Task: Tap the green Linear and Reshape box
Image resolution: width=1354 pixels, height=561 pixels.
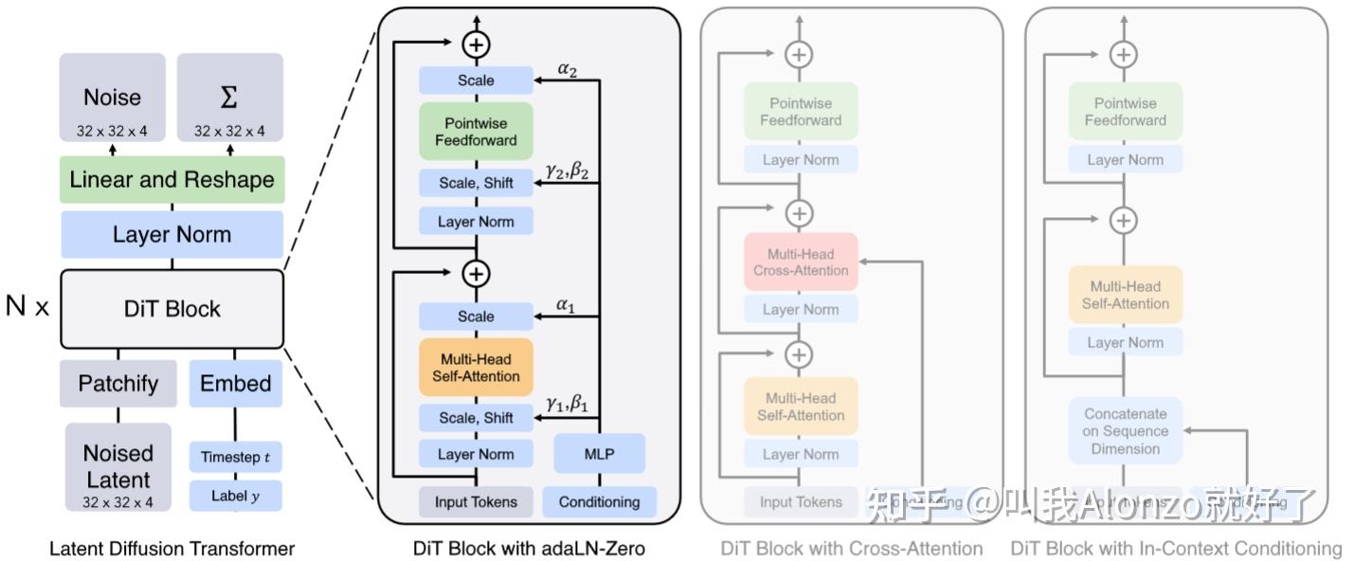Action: point(172,180)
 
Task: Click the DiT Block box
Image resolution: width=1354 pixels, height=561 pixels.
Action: point(172,309)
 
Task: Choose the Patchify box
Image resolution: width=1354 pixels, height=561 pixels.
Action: point(118,384)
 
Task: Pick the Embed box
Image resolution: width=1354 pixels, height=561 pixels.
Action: point(235,384)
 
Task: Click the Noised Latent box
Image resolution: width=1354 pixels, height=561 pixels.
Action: point(118,466)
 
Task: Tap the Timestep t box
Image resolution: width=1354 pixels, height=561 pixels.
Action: point(235,458)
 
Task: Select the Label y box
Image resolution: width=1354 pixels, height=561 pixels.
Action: point(235,496)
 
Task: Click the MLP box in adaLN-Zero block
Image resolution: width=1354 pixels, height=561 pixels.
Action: point(599,454)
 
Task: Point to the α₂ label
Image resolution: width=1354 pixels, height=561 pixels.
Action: point(567,70)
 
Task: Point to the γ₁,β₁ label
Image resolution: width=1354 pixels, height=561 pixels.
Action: point(567,405)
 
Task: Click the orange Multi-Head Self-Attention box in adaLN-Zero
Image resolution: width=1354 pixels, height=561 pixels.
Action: point(476,368)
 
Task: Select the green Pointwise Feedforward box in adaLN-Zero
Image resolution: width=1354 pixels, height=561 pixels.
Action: point(476,132)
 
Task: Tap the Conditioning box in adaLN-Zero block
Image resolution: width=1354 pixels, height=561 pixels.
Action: point(599,502)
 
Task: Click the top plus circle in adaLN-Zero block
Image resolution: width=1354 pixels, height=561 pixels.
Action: point(476,44)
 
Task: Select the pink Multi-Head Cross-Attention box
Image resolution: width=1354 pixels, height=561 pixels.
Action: point(801,262)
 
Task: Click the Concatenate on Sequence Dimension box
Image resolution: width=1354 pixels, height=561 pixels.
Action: point(1126,431)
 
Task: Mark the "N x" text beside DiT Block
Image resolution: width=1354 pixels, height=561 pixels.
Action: point(27,307)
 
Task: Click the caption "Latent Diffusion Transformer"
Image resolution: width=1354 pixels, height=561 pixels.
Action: point(172,549)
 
